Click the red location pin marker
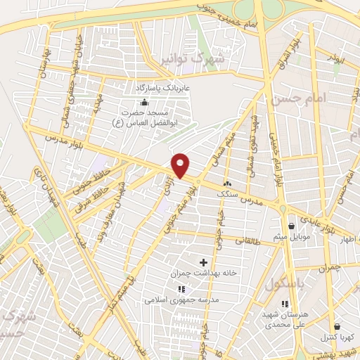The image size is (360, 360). coord(181,165)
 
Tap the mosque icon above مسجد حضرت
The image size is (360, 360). coord(144,103)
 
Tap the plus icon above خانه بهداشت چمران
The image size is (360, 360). coord(204,262)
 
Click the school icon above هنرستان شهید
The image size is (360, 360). coord(285,304)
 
